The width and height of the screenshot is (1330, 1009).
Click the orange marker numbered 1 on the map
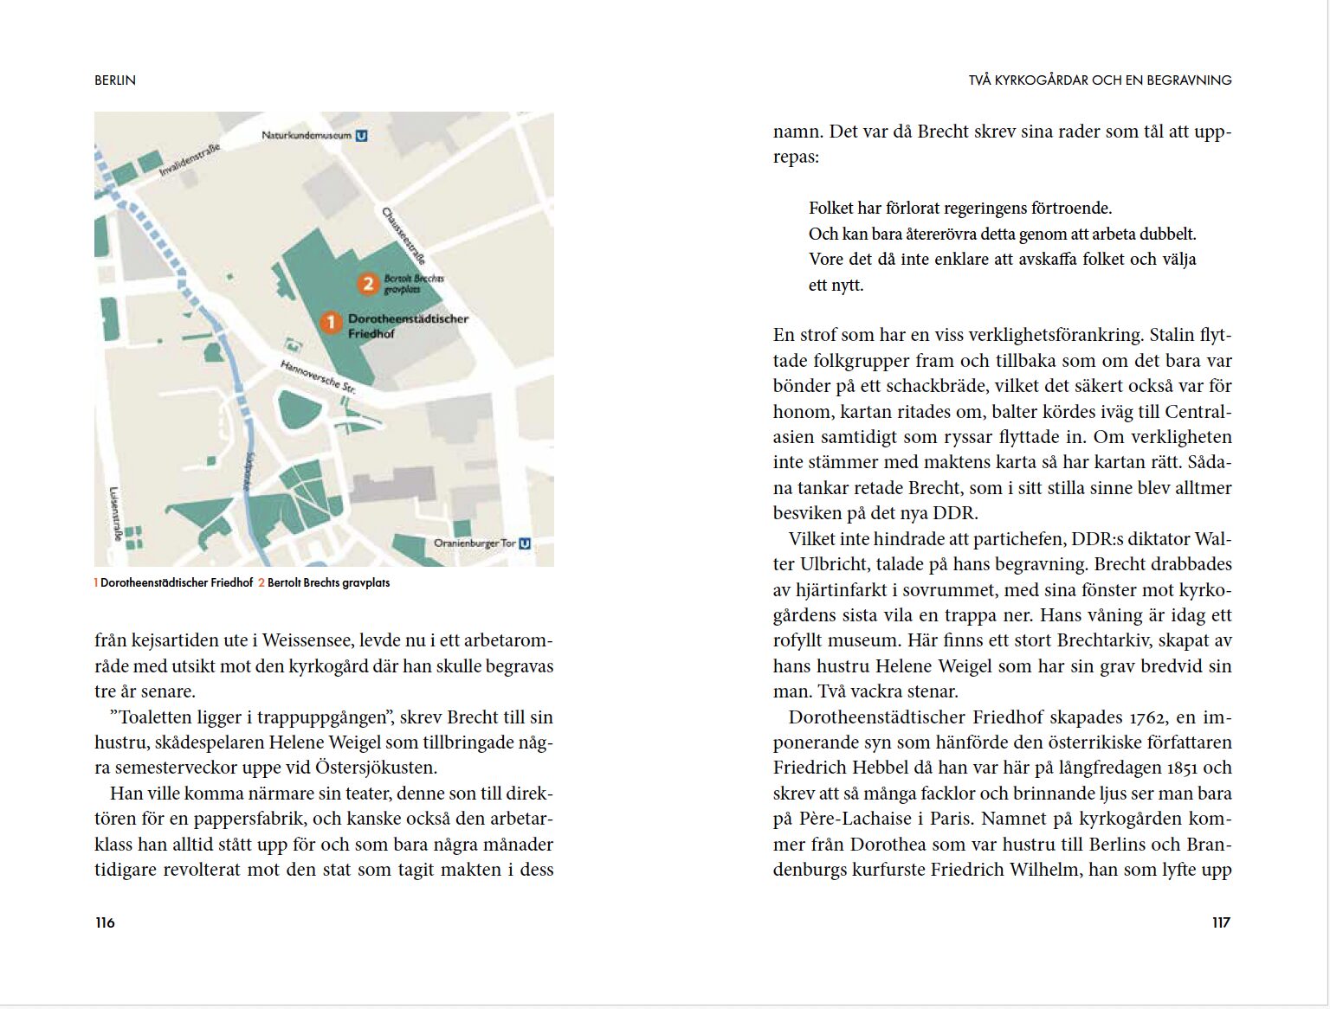coord(330,323)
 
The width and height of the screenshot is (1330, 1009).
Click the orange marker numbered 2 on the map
coord(368,283)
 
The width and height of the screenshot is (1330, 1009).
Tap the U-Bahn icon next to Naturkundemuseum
coord(361,136)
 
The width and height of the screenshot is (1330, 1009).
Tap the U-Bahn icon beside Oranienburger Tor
coord(525,543)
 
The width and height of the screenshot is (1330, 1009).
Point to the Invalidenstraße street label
coord(190,160)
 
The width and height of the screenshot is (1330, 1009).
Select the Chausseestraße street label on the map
coord(404,235)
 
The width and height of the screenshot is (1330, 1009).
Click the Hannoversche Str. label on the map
coord(318,377)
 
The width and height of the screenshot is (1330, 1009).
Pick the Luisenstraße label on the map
coord(115,513)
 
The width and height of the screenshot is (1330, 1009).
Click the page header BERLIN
coord(115,80)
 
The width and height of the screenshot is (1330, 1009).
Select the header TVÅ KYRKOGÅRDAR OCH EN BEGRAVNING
coord(1100,80)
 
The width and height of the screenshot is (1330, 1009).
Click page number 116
coord(105,922)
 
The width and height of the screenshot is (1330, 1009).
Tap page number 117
coord(1221,922)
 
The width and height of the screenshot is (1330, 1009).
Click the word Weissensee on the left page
coord(308,641)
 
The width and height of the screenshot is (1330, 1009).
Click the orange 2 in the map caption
coord(261,583)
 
